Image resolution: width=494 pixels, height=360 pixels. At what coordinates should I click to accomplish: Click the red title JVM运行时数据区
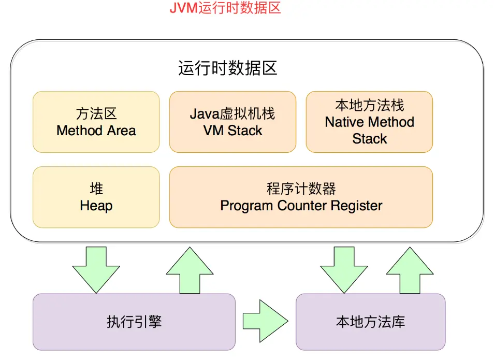pyautogui.click(x=225, y=9)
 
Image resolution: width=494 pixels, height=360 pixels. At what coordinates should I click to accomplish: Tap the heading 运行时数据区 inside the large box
pyautogui.click(x=228, y=68)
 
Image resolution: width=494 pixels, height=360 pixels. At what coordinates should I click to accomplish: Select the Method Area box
pyautogui.click(x=96, y=122)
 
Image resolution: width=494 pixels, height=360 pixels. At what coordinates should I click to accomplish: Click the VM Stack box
pyautogui.click(x=233, y=122)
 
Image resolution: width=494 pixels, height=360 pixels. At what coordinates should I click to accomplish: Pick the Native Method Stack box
pyautogui.click(x=369, y=122)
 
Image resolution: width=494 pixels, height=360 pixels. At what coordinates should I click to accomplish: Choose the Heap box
pyautogui.click(x=96, y=197)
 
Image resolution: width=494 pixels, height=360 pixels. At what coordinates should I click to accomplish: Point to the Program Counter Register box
pyautogui.click(x=301, y=197)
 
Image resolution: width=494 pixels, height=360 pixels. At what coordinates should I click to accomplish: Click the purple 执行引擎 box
pyautogui.click(x=134, y=322)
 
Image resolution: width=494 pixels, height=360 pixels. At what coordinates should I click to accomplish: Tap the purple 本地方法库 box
pyautogui.click(x=370, y=322)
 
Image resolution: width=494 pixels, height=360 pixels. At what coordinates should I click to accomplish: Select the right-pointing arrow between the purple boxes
pyautogui.click(x=265, y=321)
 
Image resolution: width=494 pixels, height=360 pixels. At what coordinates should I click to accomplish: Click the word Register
pyautogui.click(x=357, y=206)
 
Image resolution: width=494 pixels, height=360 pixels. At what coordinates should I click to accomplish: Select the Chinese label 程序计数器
pyautogui.click(x=301, y=189)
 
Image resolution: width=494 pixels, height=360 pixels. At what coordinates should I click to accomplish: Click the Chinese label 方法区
pyautogui.click(x=96, y=113)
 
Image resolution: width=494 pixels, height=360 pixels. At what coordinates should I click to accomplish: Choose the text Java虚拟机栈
pyautogui.click(x=233, y=113)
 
